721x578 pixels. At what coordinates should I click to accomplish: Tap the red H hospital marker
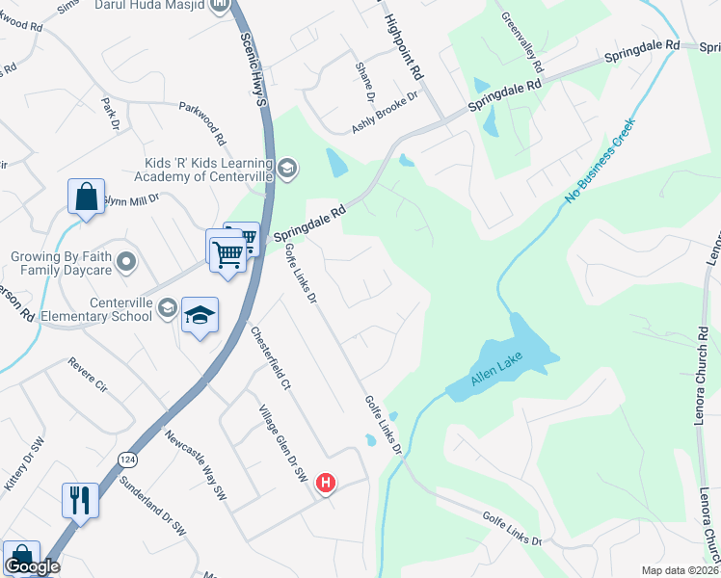tap(327, 483)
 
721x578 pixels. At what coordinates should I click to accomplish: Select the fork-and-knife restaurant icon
tap(79, 499)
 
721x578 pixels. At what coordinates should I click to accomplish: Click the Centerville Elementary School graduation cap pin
tap(200, 315)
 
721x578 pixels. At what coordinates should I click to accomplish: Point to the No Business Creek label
tap(601, 160)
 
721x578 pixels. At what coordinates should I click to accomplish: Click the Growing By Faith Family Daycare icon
tap(125, 260)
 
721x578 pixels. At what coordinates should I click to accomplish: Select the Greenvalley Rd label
tap(521, 44)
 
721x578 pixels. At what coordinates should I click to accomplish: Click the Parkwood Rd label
tap(202, 122)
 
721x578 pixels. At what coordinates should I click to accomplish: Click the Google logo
tap(32, 566)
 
